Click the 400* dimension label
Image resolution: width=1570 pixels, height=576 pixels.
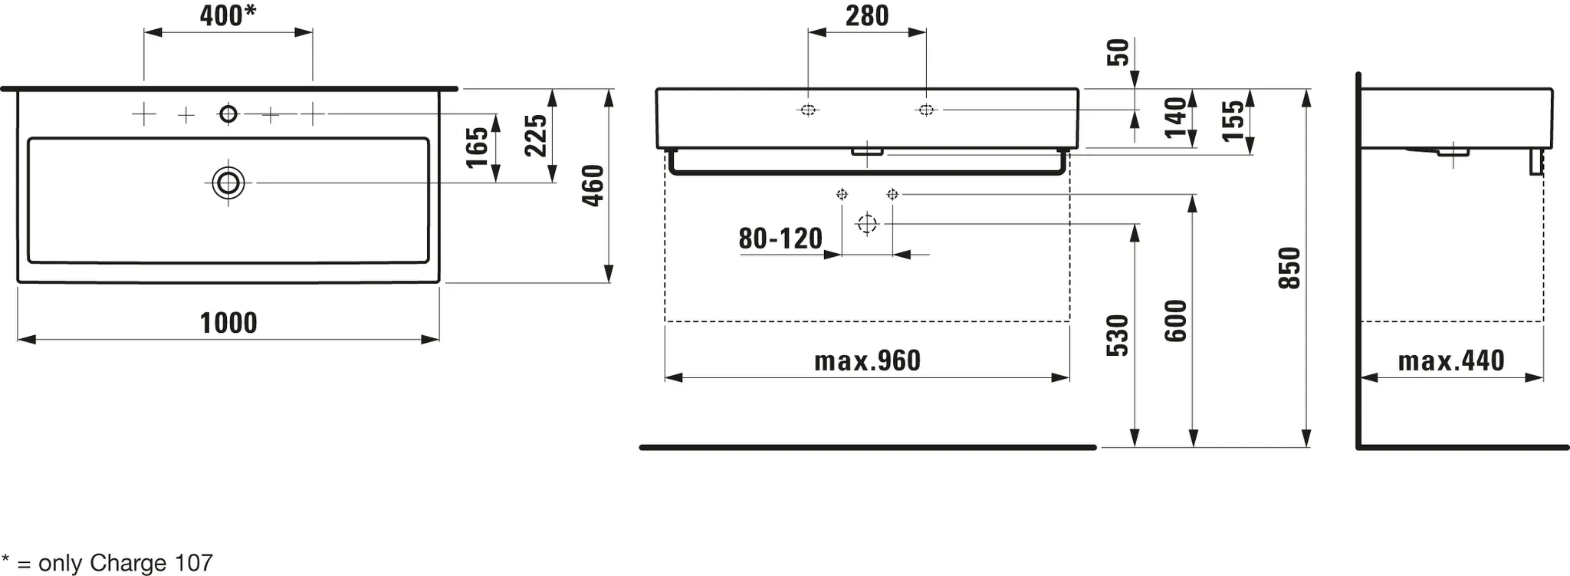[228, 15]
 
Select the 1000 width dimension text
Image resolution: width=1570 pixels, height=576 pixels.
[228, 323]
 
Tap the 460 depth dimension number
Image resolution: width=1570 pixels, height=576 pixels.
[593, 186]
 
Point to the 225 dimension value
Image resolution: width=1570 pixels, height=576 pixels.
[536, 136]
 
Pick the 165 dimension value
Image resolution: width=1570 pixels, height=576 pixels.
[477, 147]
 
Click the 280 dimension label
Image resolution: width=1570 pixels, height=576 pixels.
[867, 15]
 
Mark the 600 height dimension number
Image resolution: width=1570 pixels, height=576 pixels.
[1175, 321]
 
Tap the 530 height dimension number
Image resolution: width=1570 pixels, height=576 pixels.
[1118, 335]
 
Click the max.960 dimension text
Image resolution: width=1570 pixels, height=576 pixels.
[867, 360]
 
